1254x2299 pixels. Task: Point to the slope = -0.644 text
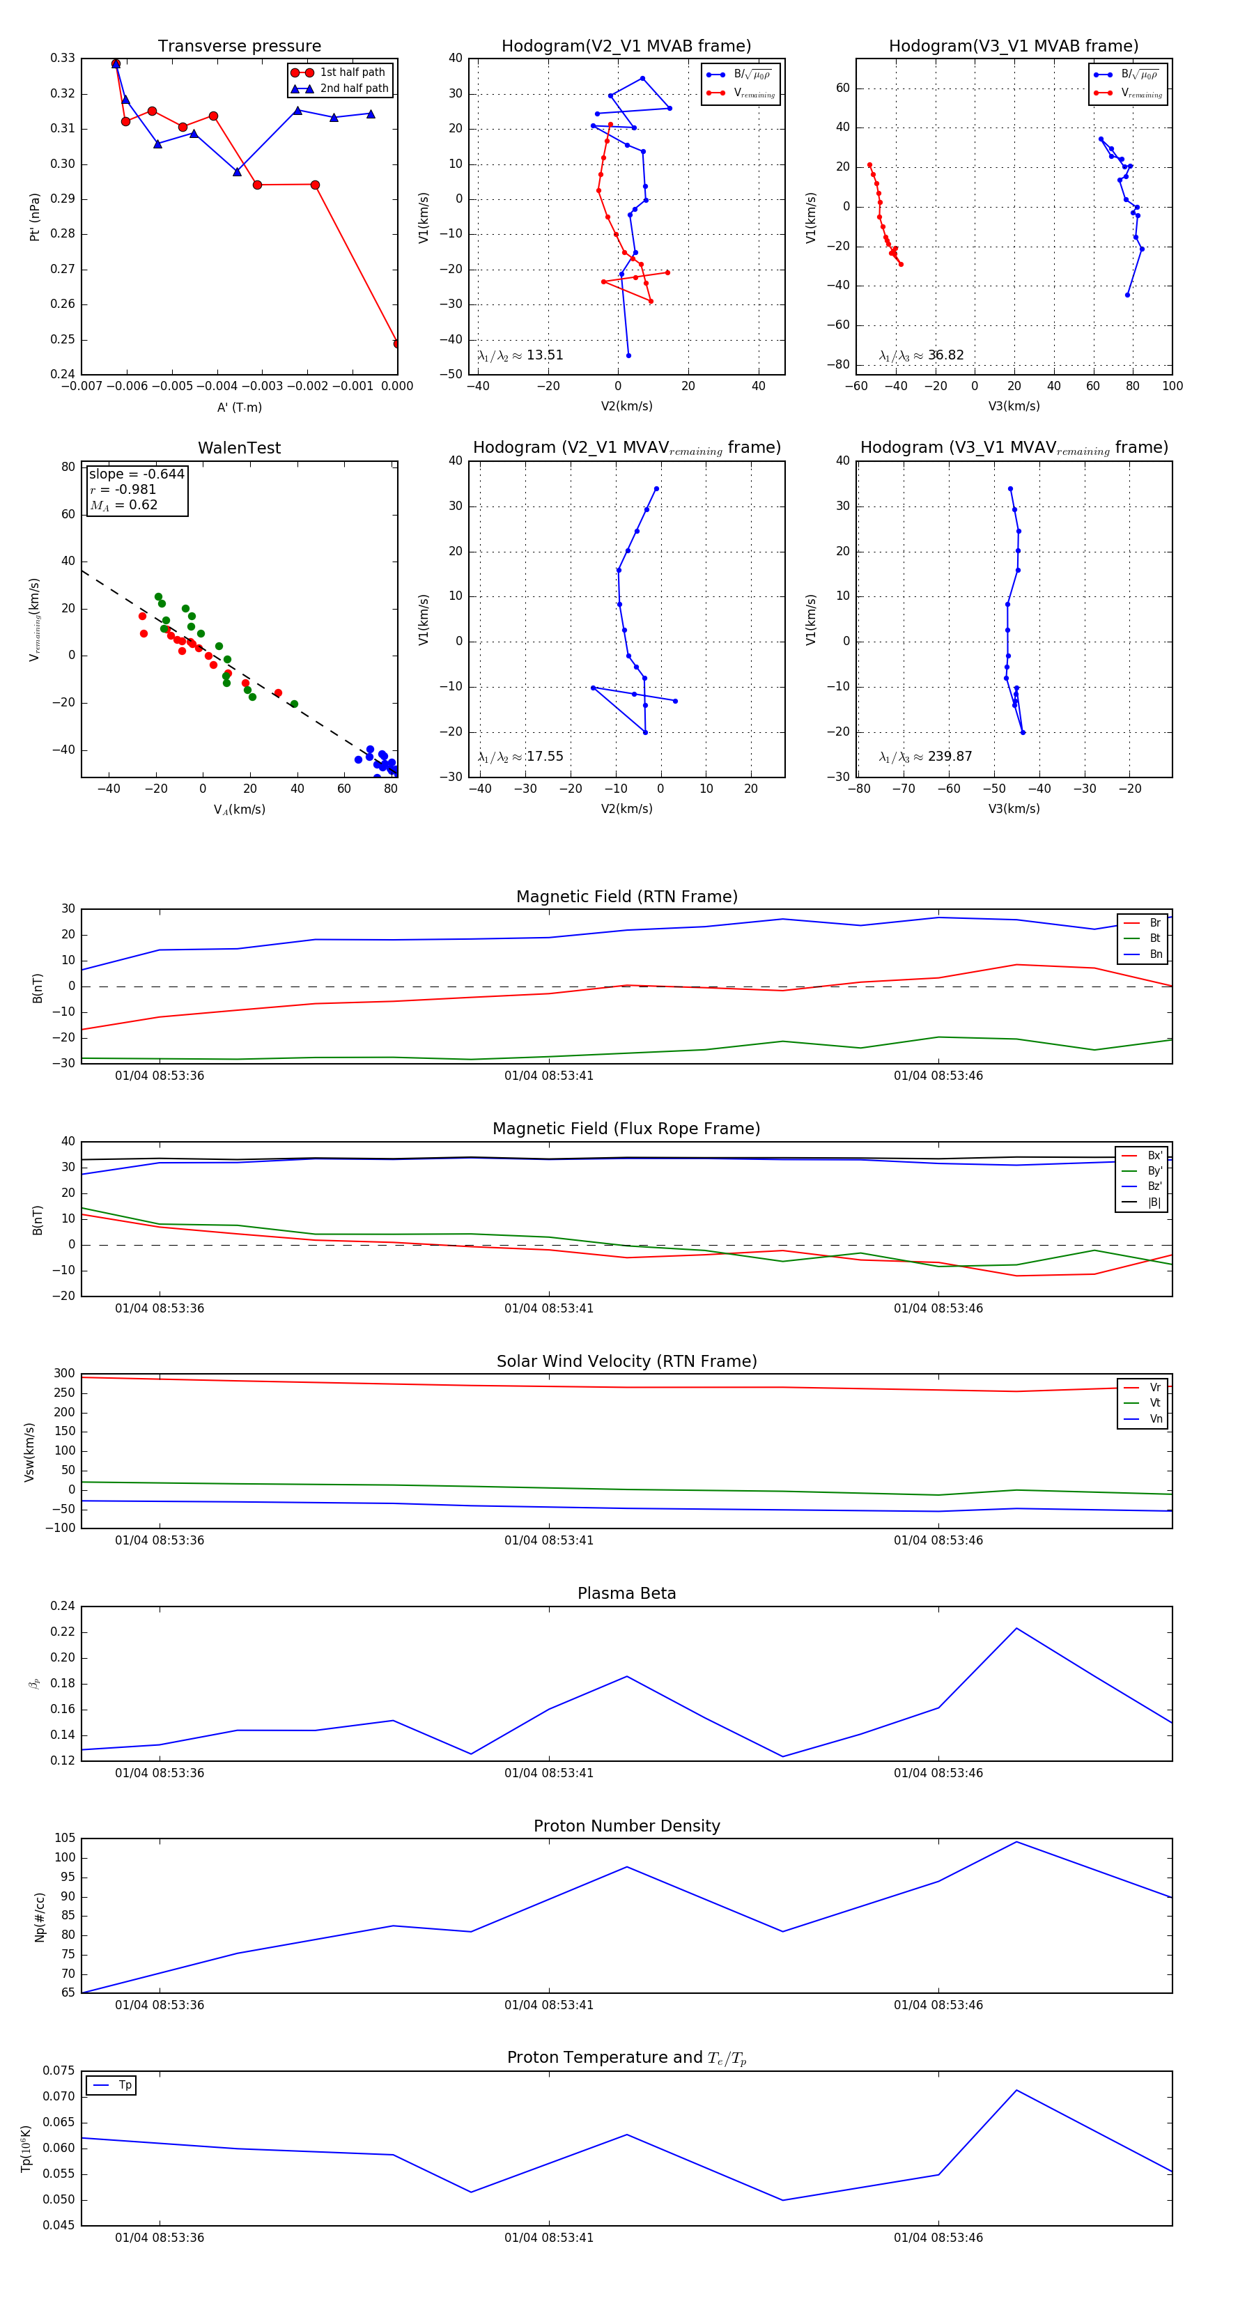[x=137, y=474]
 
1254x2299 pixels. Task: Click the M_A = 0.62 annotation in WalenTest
[x=124, y=505]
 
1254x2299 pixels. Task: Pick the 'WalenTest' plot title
[x=239, y=448]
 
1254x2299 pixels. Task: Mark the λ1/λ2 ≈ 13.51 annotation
[x=520, y=355]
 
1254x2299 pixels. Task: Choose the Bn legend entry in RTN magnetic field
[x=1155, y=954]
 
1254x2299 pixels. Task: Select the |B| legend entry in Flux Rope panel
[x=1154, y=1202]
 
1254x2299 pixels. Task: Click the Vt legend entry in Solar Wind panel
[x=1155, y=1403]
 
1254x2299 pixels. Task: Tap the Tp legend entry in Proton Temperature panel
[x=125, y=2085]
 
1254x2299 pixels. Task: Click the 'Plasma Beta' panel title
[x=626, y=1594]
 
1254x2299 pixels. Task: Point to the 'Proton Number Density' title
[x=626, y=1826]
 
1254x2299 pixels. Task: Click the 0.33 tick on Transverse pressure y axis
[x=63, y=58]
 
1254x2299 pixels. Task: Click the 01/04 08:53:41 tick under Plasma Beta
[x=549, y=1773]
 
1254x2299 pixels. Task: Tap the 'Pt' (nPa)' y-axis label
[x=35, y=217]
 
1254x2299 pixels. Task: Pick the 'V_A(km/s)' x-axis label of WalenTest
[x=239, y=810]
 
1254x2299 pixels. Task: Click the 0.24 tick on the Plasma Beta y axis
[x=63, y=1607]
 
